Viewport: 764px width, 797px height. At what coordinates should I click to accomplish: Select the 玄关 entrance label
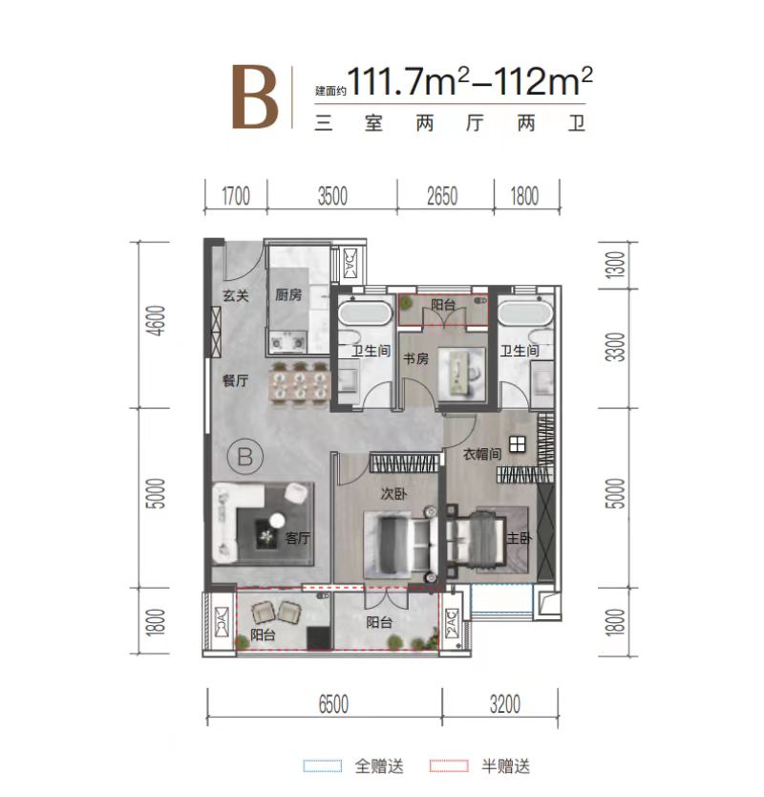(235, 296)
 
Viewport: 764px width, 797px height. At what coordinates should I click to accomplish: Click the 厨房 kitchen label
(288, 296)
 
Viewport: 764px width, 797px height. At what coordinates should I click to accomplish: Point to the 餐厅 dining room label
(235, 381)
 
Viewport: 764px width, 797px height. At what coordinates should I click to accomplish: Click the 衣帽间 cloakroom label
(483, 456)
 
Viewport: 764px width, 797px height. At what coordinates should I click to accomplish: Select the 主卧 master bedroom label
(519, 539)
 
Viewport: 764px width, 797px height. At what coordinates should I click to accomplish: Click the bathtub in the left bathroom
(364, 314)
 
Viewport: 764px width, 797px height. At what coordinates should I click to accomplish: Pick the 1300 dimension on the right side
(615, 265)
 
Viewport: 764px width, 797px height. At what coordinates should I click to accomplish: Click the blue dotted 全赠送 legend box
(322, 765)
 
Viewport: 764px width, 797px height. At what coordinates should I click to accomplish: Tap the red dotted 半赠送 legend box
(450, 765)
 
